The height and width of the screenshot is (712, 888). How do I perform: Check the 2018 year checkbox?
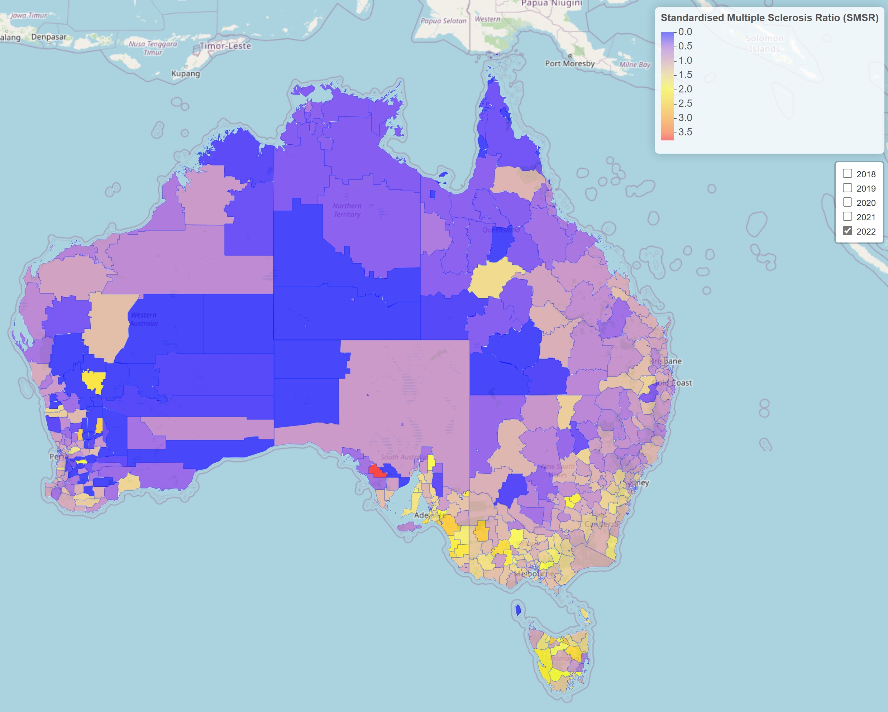847,174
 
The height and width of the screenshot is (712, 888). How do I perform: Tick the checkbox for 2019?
847,188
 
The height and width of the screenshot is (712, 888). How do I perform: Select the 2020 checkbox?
847,202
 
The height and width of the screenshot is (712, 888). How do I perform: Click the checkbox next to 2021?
847,216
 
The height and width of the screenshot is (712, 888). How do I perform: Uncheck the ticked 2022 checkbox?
847,231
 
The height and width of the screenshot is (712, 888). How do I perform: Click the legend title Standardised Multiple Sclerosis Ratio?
769,18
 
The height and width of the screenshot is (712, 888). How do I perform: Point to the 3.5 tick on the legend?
685,132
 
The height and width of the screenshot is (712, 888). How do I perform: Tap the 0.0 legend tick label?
685,32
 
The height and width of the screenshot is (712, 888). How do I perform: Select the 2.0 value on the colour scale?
685,89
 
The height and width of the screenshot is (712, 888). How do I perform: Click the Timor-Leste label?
225,46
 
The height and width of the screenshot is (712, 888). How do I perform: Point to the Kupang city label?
185,74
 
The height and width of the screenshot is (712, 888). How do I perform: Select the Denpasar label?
49,37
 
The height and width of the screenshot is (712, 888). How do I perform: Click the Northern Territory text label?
347,210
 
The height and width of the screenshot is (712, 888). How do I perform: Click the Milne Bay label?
635,64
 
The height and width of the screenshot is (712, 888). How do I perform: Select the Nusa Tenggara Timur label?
153,48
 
